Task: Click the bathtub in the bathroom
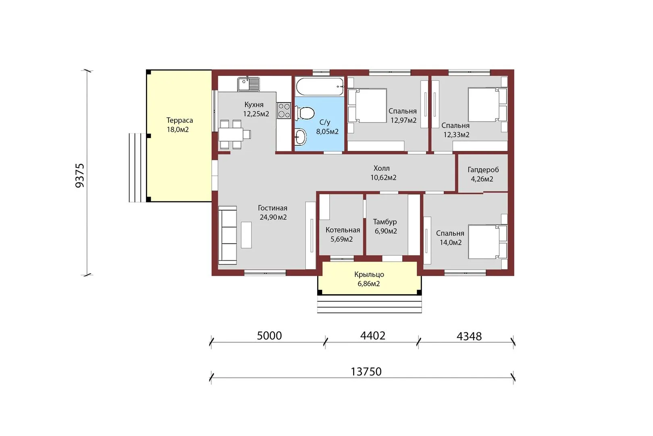coord(320,86)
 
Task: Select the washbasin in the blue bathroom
coord(301,137)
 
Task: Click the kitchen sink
coord(248,84)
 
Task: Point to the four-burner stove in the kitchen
coord(284,110)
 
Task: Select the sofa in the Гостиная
coord(228,235)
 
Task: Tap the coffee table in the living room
coord(246,235)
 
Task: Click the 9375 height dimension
coord(79,175)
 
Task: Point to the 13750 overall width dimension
coord(366,371)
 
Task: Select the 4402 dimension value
coord(373,335)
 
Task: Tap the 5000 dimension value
coord(269,336)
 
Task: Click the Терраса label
coord(180,120)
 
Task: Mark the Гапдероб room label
coord(483,170)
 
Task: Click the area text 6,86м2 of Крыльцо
coord(369,283)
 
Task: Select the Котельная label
coord(343,230)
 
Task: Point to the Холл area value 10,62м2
coord(383,178)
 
